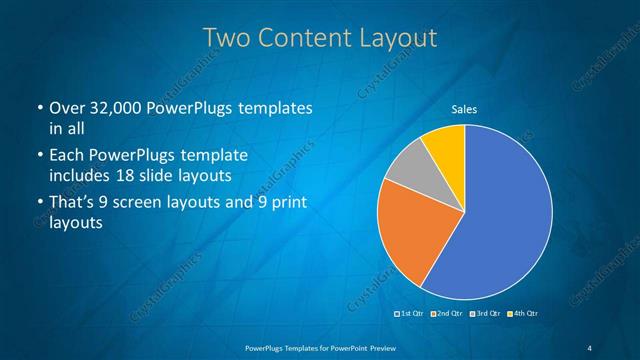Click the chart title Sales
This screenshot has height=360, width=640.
[464, 109]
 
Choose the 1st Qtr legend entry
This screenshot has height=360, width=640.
[412, 314]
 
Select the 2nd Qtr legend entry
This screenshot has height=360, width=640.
[447, 314]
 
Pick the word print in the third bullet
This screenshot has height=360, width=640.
[289, 204]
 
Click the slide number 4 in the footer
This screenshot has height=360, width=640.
[590, 346]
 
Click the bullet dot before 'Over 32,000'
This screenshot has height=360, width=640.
[39, 108]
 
